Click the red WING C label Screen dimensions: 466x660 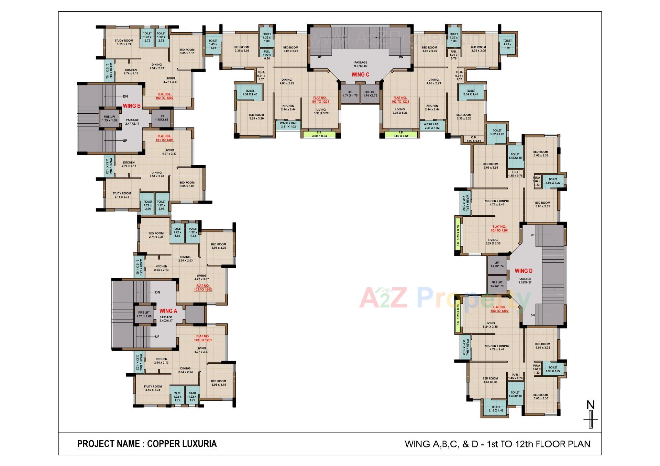click(360, 75)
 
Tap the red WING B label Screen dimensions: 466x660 click(132, 106)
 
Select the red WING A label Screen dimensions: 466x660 click(168, 311)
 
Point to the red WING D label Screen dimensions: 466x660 click(524, 271)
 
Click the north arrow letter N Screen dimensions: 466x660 click(591, 405)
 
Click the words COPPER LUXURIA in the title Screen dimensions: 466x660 click(182, 444)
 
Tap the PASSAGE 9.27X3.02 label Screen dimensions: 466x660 click(361, 64)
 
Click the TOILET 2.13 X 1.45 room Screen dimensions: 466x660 click(495, 409)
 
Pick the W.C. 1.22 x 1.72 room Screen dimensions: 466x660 click(177, 397)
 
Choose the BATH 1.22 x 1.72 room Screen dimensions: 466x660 click(192, 397)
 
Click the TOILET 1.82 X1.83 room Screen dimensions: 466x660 click(497, 132)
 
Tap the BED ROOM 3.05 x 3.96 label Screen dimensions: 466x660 click(491, 166)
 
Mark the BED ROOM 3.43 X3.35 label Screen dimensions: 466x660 click(490, 380)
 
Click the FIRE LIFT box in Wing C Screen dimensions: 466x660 click(371, 94)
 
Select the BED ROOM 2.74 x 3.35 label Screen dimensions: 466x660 click(156, 235)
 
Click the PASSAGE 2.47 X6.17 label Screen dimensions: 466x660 click(132, 122)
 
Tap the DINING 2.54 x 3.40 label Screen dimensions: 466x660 click(156, 174)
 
